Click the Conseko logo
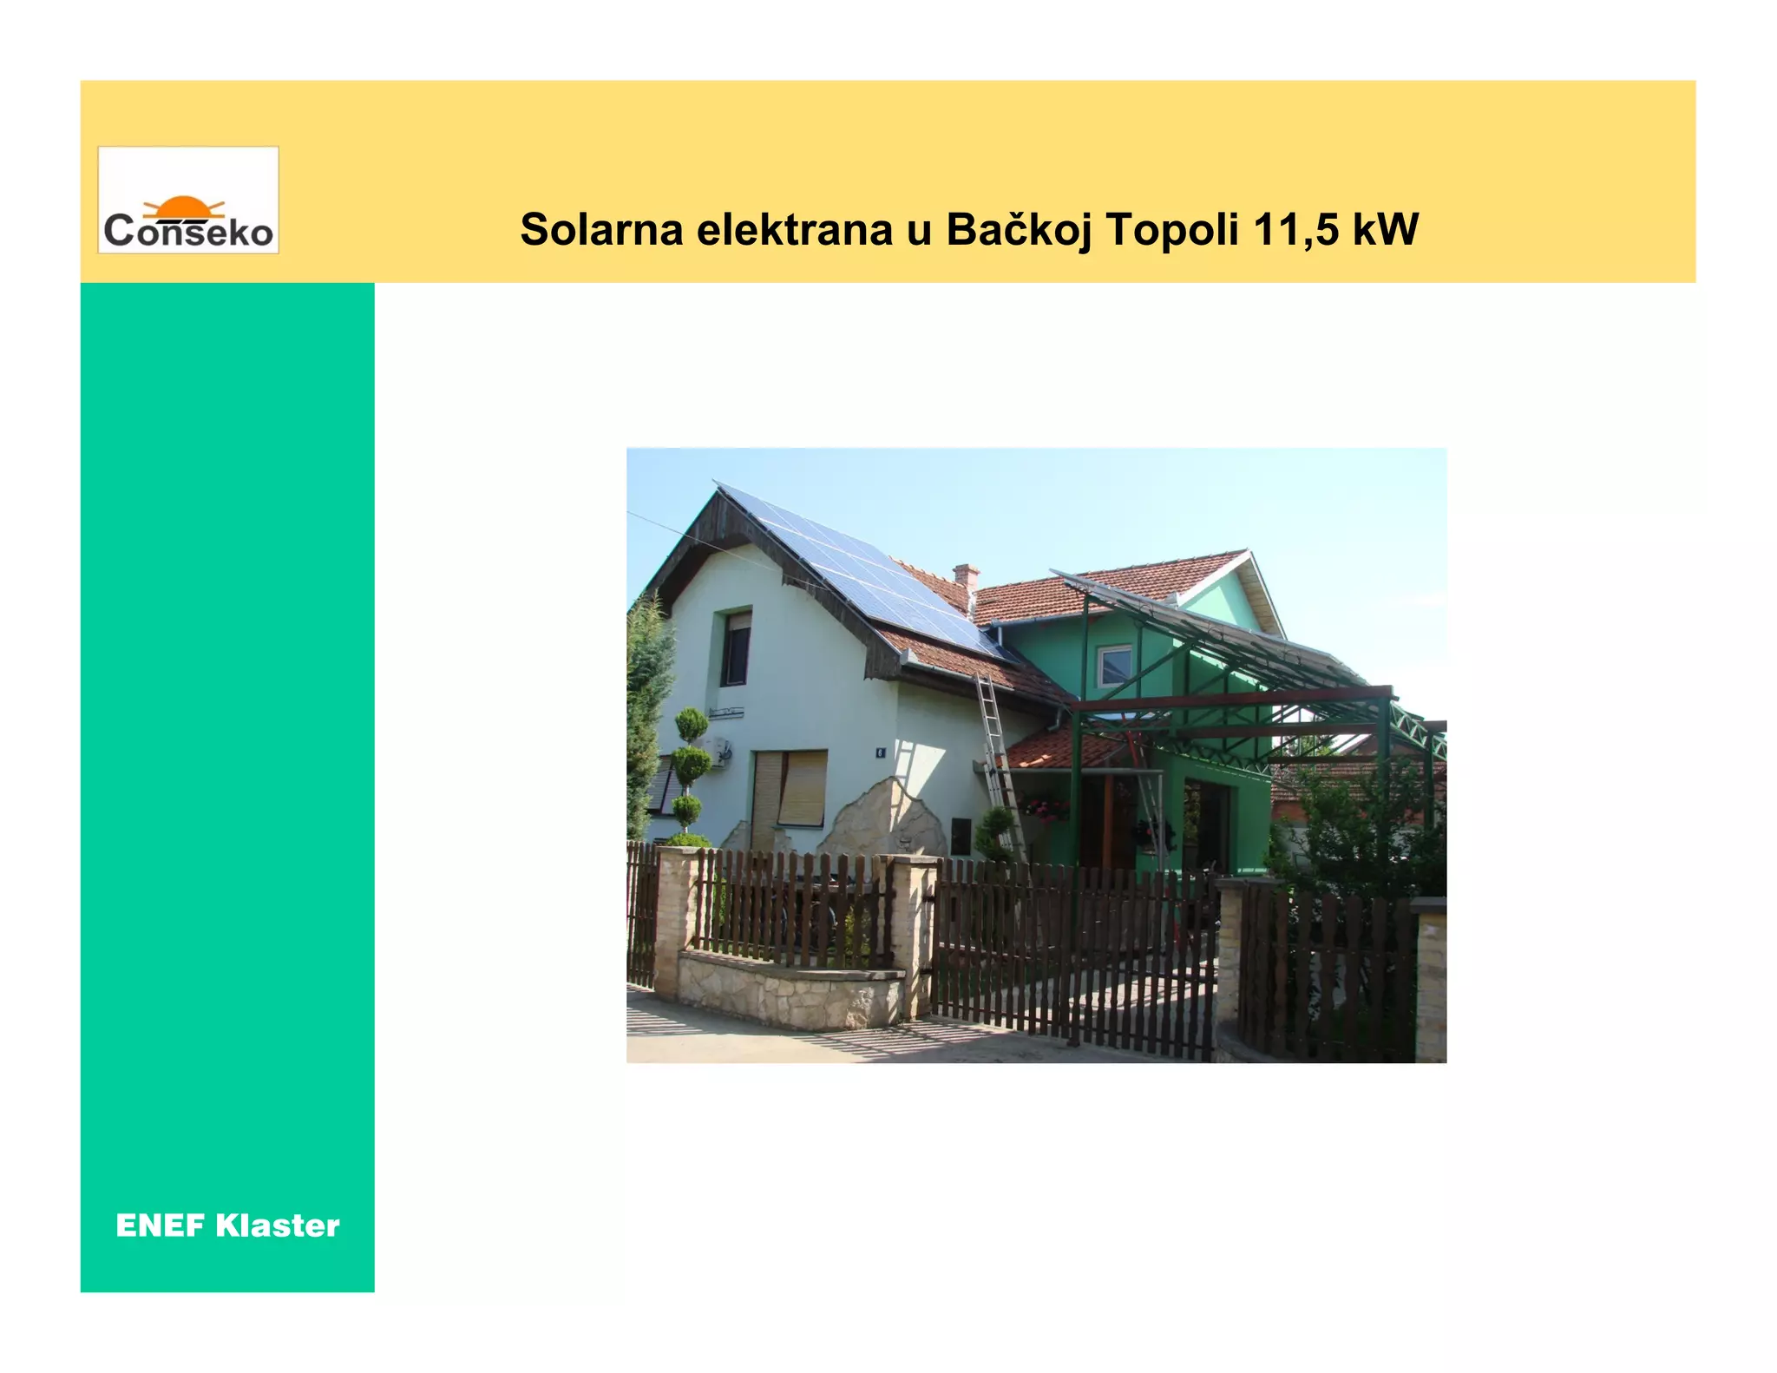[x=188, y=200]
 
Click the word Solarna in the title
[x=601, y=230]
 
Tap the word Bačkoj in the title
[x=1019, y=230]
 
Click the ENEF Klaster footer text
[x=227, y=1225]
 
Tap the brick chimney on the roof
[x=965, y=580]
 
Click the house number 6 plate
[x=880, y=752]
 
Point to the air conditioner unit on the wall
[x=718, y=752]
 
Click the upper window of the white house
[x=736, y=648]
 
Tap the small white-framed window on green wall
[x=1115, y=666]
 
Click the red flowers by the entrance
[x=1046, y=807]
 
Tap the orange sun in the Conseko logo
[x=183, y=207]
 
